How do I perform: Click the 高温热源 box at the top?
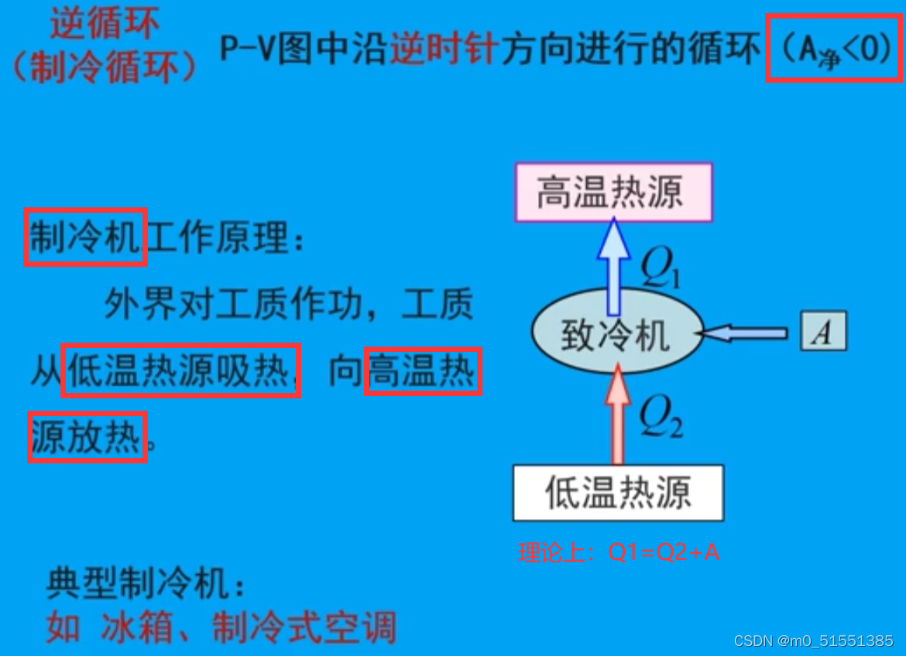click(x=613, y=192)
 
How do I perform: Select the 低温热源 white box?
click(x=618, y=493)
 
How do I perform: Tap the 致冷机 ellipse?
click(x=616, y=333)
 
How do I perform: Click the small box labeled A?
click(x=823, y=332)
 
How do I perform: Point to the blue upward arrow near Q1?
click(x=615, y=263)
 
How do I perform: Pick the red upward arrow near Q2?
click(x=618, y=414)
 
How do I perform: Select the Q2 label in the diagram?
click(x=660, y=419)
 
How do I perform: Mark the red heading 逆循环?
click(x=105, y=25)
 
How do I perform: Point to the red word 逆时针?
click(x=444, y=50)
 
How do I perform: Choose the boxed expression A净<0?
click(x=833, y=48)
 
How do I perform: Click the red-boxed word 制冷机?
click(x=85, y=237)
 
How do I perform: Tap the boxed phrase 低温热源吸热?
click(x=180, y=371)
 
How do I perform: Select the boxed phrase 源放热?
click(x=88, y=438)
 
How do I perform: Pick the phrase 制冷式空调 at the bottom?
click(x=304, y=626)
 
